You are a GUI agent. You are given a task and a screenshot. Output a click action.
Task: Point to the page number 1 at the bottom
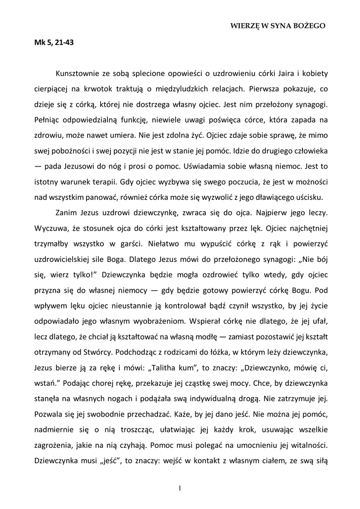[180, 488]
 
